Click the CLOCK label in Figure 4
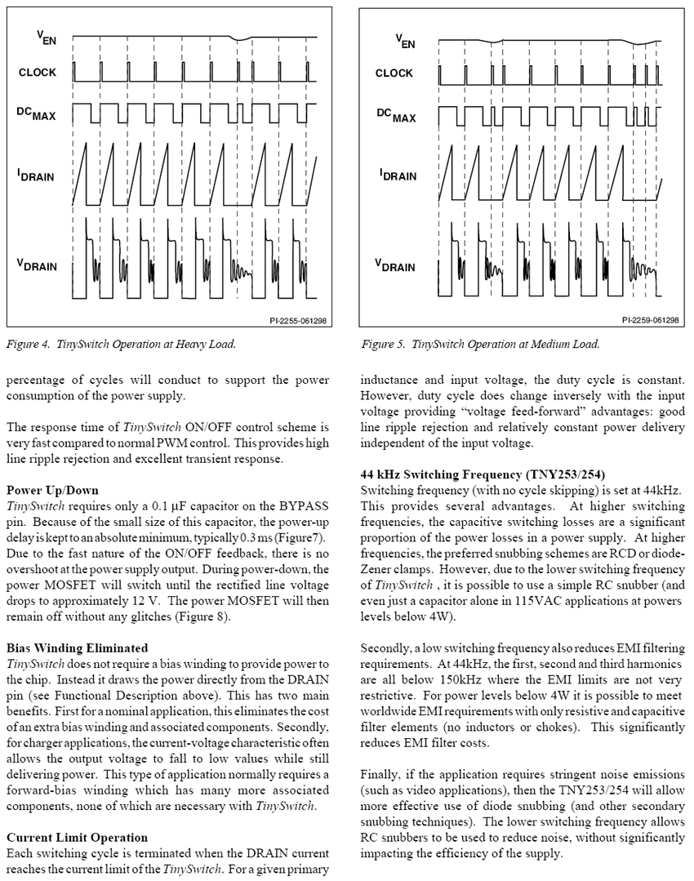(x=38, y=73)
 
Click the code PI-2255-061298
(x=297, y=322)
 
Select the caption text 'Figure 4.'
(x=29, y=345)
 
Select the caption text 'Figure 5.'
(x=384, y=345)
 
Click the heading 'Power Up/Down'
(x=46, y=491)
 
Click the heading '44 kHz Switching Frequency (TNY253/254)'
(x=483, y=474)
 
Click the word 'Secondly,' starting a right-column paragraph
(x=386, y=648)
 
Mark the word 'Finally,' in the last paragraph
(x=381, y=774)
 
